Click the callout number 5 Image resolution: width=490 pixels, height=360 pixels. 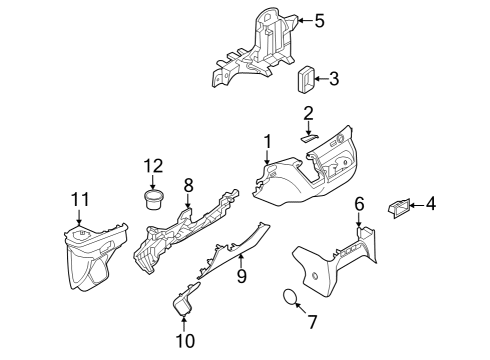click(319, 19)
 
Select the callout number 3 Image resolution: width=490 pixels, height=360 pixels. click(333, 78)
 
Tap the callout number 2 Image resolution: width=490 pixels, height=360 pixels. click(309, 112)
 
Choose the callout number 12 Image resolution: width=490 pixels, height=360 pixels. click(152, 165)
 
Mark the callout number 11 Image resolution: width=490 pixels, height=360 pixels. click(78, 200)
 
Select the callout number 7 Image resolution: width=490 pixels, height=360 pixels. click(311, 322)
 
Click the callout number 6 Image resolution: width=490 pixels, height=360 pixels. click(359, 203)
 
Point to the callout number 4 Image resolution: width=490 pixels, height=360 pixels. click(431, 204)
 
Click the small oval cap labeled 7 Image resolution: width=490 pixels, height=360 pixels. click(287, 296)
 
